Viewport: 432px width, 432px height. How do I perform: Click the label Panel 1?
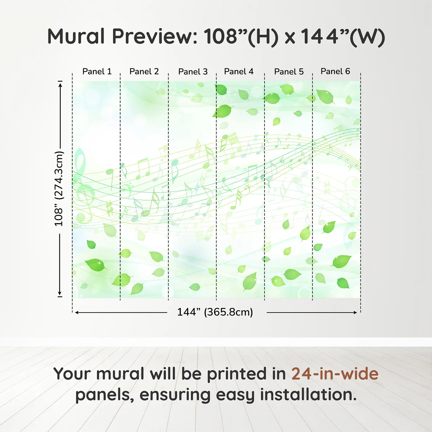click(97, 71)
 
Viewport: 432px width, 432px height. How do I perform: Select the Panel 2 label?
click(144, 71)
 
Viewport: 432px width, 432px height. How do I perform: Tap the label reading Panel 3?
click(193, 72)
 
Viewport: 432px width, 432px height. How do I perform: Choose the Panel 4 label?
click(239, 71)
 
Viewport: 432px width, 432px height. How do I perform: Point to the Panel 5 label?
click(289, 72)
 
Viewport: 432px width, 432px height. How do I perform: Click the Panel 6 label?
click(335, 71)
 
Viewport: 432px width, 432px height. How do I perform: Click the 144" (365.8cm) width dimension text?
click(215, 312)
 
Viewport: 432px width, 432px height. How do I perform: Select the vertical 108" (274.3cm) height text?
click(59, 189)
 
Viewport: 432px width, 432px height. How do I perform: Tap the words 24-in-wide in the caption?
click(335, 374)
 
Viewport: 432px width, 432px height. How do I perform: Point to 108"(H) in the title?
click(241, 37)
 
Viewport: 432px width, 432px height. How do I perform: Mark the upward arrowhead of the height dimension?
click(60, 84)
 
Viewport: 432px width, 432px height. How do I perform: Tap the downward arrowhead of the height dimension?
click(60, 293)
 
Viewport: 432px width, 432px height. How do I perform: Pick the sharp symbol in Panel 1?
click(109, 208)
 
